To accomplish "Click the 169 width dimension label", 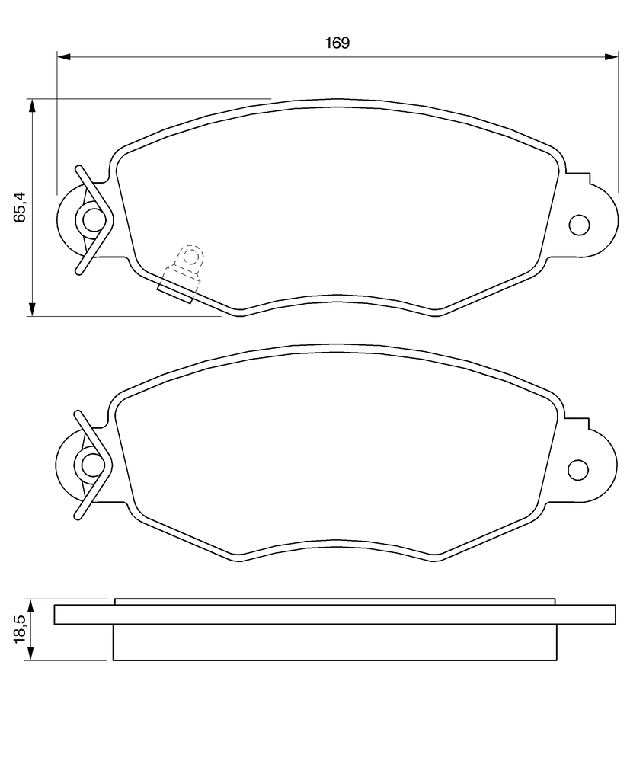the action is pyautogui.click(x=337, y=43).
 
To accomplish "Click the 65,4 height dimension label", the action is pyautogui.click(x=20, y=206).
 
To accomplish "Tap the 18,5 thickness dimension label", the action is pyautogui.click(x=20, y=628).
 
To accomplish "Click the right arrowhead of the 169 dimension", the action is pyautogui.click(x=611, y=57).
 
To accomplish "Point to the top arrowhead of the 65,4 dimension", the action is pyautogui.click(x=32, y=106).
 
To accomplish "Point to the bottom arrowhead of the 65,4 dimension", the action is pyautogui.click(x=32, y=308).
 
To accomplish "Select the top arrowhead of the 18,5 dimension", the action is pyautogui.click(x=31, y=606).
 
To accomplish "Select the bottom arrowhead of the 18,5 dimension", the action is pyautogui.click(x=31, y=654).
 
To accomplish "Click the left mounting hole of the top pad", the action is pyautogui.click(x=93, y=220).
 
